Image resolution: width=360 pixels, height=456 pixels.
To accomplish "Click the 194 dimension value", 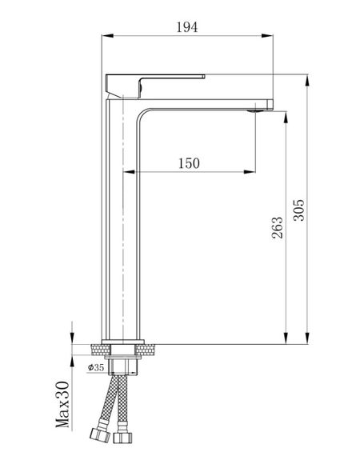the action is [x=187, y=27].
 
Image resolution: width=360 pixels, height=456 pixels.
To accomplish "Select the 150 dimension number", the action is [x=189, y=163].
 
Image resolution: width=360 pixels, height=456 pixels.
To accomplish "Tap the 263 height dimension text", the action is [x=277, y=227].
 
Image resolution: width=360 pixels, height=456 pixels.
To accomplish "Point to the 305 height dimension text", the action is [x=298, y=210].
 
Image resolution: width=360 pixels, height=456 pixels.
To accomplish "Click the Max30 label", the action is [x=63, y=404].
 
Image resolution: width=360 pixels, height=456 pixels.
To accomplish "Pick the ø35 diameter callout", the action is [x=96, y=367].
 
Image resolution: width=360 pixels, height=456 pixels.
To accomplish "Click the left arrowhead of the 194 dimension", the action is [x=107, y=36].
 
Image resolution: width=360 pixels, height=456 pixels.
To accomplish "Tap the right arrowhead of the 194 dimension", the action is [x=267, y=36].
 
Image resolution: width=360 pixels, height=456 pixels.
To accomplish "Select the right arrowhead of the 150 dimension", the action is [x=250, y=172].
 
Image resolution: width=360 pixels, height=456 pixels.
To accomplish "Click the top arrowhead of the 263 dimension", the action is [x=286, y=117].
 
